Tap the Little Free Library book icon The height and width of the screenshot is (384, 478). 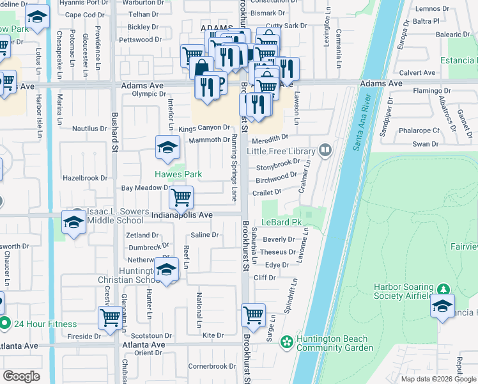point(326,151)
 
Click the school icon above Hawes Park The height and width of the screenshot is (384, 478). point(167,148)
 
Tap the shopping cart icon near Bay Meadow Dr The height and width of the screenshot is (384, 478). point(181,197)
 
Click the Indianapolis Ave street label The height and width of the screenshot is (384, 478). point(181,216)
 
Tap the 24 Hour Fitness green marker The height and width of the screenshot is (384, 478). point(5,324)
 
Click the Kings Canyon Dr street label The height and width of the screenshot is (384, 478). point(203,129)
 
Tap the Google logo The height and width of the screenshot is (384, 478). point(21,376)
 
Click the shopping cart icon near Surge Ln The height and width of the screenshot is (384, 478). point(254,314)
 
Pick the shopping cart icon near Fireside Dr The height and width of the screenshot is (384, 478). point(110,318)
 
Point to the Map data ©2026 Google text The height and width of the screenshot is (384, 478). point(438,379)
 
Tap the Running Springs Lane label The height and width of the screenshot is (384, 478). point(235,165)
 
